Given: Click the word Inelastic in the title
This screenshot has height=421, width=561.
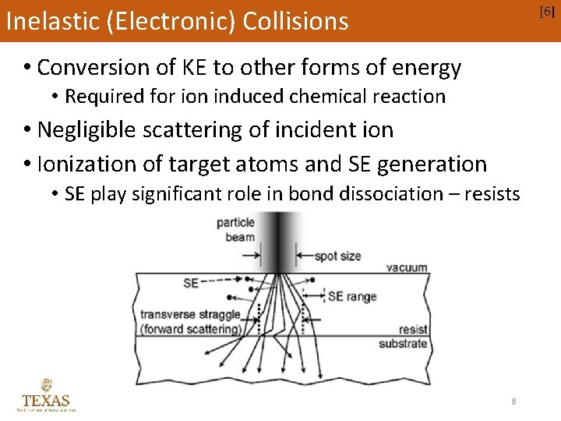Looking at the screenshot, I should (48, 21).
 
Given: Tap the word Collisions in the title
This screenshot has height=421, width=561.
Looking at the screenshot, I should (296, 21).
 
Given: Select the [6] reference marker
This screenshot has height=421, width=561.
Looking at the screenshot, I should (548, 11).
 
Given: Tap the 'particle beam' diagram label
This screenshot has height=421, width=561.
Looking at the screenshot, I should (235, 230).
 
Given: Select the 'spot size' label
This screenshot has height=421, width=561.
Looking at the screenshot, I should (338, 256).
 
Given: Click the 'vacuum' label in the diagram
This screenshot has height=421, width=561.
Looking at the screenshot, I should (407, 267).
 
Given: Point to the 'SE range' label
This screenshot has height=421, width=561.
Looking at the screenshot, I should (351, 296).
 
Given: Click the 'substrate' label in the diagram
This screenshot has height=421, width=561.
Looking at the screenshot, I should (403, 343).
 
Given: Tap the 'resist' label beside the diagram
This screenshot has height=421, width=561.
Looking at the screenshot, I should (413, 330).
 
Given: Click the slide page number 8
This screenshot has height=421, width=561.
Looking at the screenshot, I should (513, 401).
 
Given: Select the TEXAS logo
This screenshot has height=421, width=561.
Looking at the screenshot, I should (46, 394).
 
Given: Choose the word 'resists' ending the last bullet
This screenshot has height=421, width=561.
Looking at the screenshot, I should (492, 193).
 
